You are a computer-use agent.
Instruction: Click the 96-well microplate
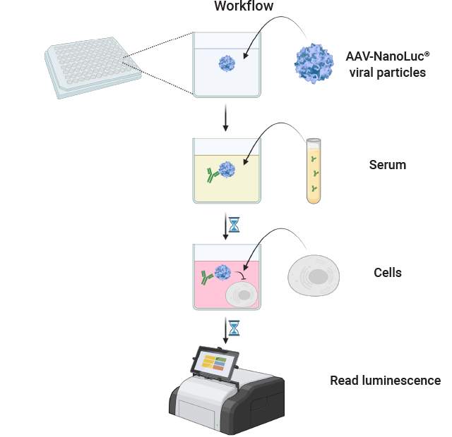coord(89,68)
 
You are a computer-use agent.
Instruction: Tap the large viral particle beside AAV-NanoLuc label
coord(314,65)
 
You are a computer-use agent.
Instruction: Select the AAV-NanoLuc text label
coord(386,56)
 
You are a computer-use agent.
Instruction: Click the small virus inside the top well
coord(227,63)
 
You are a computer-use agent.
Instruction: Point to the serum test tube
coord(314,171)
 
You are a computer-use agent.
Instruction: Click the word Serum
coord(388,166)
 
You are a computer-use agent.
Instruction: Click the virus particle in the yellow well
coord(227,170)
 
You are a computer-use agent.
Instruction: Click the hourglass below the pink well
coord(234,328)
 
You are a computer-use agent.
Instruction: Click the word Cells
coord(387,273)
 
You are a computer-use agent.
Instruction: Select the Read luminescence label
coord(385,381)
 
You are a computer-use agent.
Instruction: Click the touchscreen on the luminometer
coord(215,363)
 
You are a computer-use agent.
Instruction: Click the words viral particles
coord(387,72)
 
